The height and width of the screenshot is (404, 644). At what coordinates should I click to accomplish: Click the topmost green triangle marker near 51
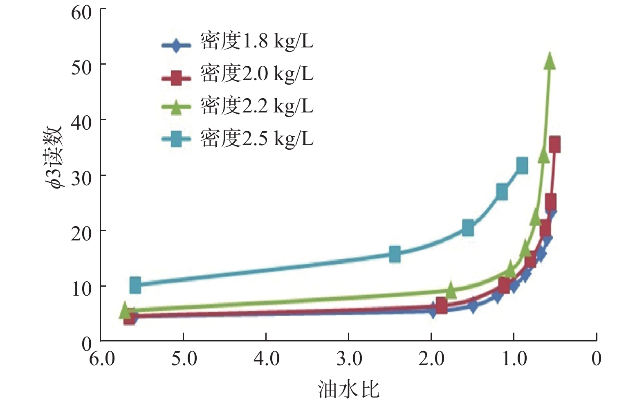point(550,61)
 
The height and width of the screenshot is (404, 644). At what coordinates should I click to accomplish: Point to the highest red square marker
point(554,145)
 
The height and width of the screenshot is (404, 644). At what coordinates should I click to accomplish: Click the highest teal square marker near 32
point(522,166)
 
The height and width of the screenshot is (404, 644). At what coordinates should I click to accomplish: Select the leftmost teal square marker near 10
point(135,285)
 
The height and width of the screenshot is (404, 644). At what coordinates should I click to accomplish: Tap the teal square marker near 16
point(395,254)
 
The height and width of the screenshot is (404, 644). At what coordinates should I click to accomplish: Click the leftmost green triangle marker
point(125,310)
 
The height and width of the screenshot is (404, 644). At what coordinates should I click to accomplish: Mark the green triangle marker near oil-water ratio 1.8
point(450,290)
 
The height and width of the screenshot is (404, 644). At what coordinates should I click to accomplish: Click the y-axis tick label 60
point(81,13)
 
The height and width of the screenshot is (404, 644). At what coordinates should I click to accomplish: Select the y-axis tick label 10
point(81,289)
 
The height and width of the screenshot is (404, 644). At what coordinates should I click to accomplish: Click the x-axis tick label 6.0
point(102,359)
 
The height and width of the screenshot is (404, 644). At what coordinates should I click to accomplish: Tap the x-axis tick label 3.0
point(349,359)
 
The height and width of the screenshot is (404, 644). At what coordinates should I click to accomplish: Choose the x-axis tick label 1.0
point(514,359)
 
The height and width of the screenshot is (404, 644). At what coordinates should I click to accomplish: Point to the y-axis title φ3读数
point(54,157)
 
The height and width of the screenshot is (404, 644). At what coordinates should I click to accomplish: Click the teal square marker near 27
point(502,191)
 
